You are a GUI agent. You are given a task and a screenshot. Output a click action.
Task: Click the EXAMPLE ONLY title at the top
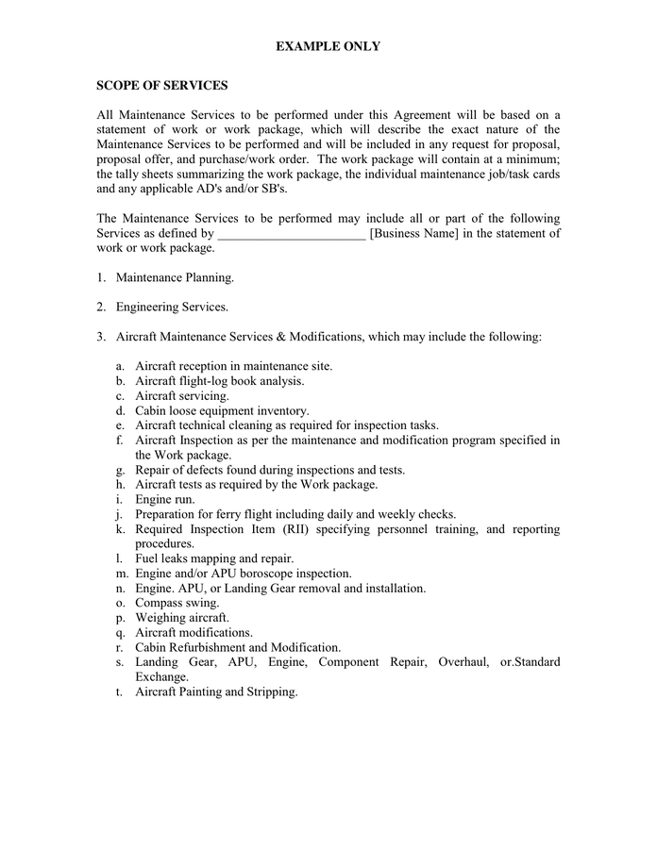click(328, 46)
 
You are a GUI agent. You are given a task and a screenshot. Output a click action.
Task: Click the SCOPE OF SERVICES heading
click(161, 86)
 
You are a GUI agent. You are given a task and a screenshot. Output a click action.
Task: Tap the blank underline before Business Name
click(292, 234)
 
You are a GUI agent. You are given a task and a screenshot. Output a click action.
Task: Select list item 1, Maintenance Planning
click(175, 277)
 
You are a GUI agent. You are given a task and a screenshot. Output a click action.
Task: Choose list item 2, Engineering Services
click(172, 307)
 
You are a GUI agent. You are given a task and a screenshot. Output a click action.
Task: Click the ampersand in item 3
click(280, 336)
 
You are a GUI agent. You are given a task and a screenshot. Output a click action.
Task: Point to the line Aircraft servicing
click(181, 396)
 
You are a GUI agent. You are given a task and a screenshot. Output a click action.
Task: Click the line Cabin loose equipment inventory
click(222, 410)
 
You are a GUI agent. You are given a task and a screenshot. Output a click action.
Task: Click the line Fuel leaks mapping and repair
click(214, 558)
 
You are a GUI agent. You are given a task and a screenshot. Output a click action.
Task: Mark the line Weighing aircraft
click(181, 618)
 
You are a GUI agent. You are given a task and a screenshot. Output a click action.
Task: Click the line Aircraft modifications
click(194, 632)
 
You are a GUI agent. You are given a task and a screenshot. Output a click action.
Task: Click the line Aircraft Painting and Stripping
click(216, 691)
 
